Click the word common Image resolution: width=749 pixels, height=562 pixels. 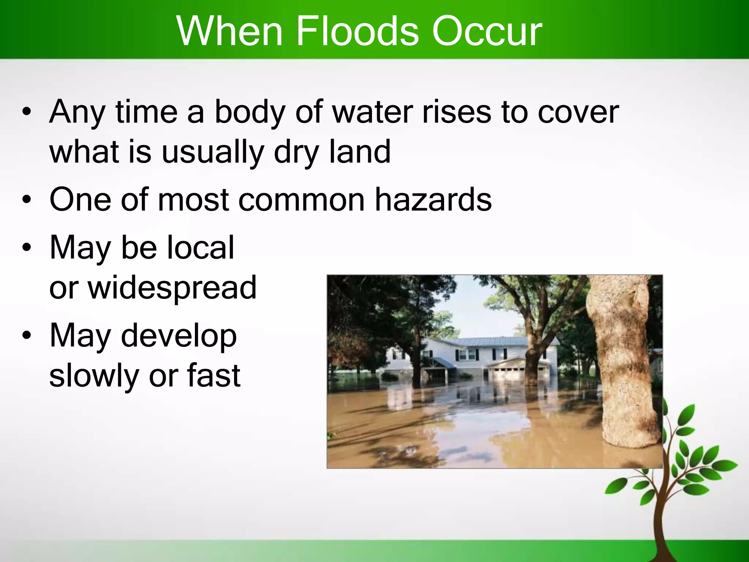[x=301, y=200]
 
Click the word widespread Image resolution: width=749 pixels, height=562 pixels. [x=172, y=288]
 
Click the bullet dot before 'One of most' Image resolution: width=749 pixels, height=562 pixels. [x=26, y=200]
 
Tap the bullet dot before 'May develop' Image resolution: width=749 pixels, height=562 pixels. [x=26, y=335]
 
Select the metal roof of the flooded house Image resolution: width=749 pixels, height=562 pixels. [x=494, y=341]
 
